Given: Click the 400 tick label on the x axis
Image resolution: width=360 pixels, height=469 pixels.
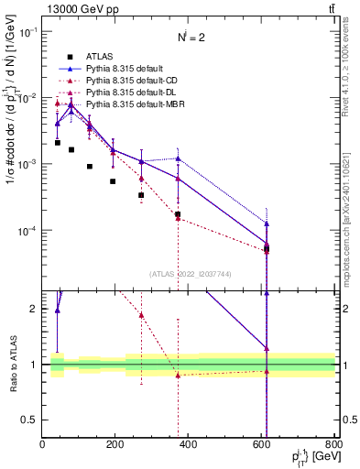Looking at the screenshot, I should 189,444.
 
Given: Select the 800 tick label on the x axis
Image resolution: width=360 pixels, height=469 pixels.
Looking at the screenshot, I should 334,444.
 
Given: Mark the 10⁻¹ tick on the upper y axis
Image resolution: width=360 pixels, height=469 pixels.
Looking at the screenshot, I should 27,31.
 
